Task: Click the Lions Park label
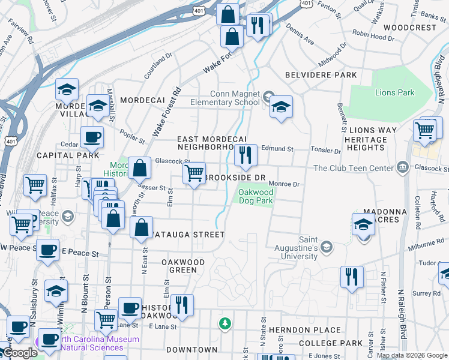pyautogui.click(x=394, y=92)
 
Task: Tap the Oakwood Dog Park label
pyautogui.click(x=256, y=196)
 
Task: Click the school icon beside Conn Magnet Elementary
pyautogui.click(x=280, y=107)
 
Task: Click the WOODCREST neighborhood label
pyautogui.click(x=409, y=28)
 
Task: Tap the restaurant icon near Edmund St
pyautogui.click(x=245, y=155)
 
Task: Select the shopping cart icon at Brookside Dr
pyautogui.click(x=194, y=174)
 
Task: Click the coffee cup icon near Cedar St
pyautogui.click(x=92, y=138)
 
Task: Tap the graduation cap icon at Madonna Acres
pyautogui.click(x=364, y=225)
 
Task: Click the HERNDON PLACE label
pyautogui.click(x=305, y=330)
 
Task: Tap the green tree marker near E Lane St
pyautogui.click(x=225, y=324)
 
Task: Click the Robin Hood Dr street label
pyautogui.click(x=373, y=37)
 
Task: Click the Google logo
pyautogui.click(x=20, y=353)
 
